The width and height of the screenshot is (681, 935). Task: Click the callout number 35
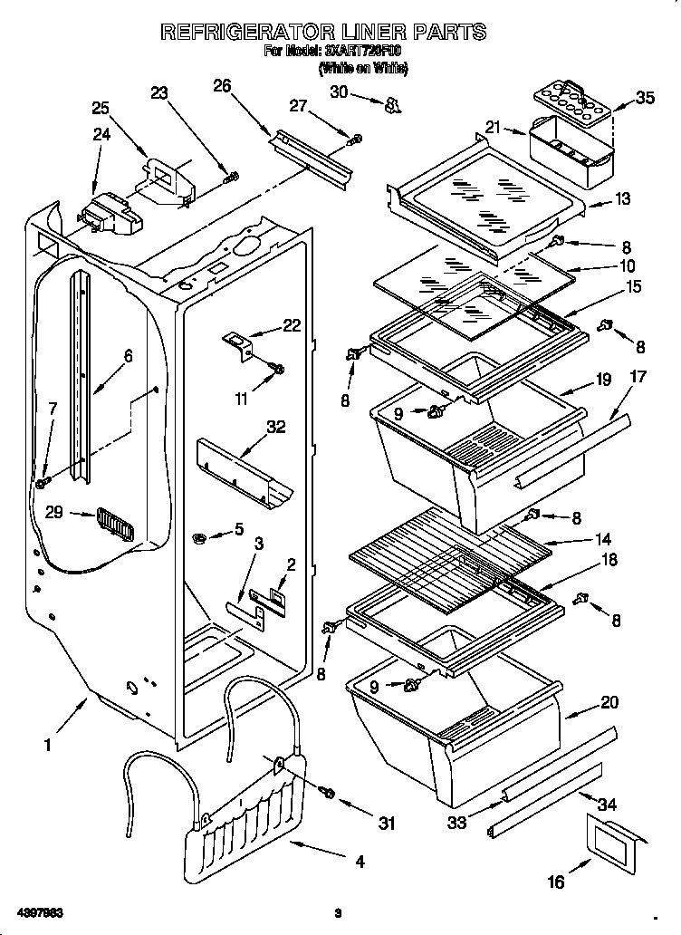tap(645, 98)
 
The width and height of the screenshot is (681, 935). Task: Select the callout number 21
tap(493, 128)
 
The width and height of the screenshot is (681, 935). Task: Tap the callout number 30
tap(340, 91)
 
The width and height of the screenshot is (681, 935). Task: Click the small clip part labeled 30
tap(392, 107)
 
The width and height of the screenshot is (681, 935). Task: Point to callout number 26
tap(222, 86)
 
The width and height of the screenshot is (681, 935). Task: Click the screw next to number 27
tap(356, 139)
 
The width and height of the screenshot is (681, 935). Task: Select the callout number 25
tap(101, 107)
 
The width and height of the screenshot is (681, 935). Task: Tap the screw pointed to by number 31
tap(329, 794)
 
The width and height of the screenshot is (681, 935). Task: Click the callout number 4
tap(360, 862)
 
